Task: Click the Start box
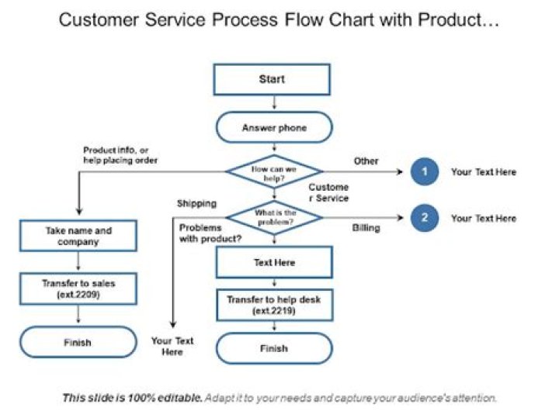coord(272,79)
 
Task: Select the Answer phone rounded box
coord(273,128)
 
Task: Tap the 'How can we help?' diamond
coord(273,172)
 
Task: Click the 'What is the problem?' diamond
coord(273,218)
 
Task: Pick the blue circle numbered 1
coord(424,172)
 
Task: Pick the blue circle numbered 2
coord(424,218)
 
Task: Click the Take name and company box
coord(78,236)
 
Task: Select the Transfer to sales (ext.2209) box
coord(78,288)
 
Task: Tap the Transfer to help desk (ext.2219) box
coord(273,305)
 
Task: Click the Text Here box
coord(273,263)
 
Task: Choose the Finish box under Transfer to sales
coord(78,342)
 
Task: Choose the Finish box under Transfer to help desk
coord(273,349)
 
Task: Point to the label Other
coord(366,161)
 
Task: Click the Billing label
coord(366,228)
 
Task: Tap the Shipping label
coord(196,203)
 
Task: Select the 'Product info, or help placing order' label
coord(120,155)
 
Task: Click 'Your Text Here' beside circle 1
coord(483,172)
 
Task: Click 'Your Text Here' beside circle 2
coord(483,219)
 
